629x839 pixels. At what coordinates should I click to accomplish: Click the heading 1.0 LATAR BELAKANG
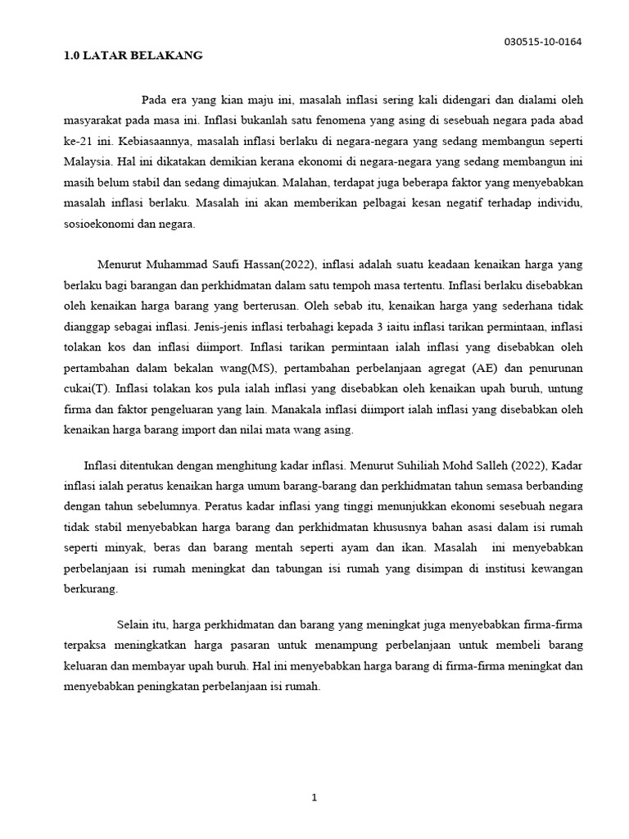click(x=133, y=56)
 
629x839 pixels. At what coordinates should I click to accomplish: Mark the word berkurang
click(x=91, y=588)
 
